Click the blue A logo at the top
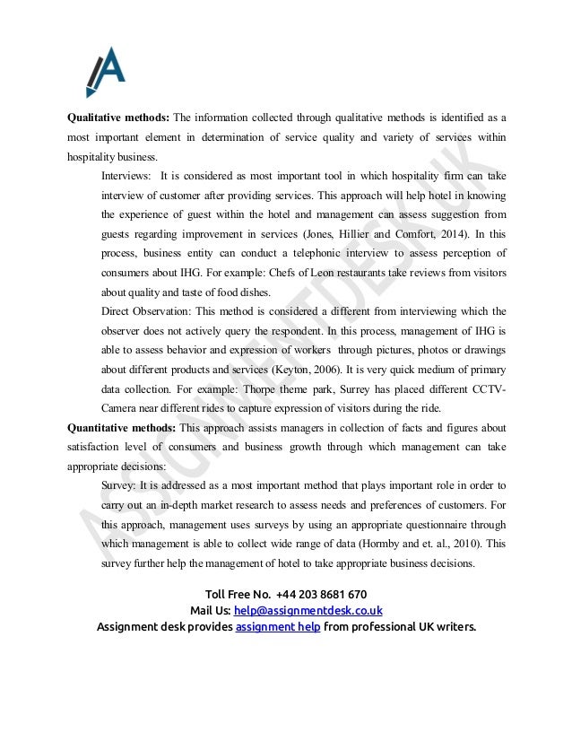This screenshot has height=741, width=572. pos(105,71)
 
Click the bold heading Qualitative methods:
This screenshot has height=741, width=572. pos(118,117)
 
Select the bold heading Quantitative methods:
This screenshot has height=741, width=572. pos(122,427)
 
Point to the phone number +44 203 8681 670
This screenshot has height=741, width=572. pos(321,594)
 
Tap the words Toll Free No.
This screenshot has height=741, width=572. pos(237,594)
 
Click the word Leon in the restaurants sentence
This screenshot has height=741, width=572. pos(377,272)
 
